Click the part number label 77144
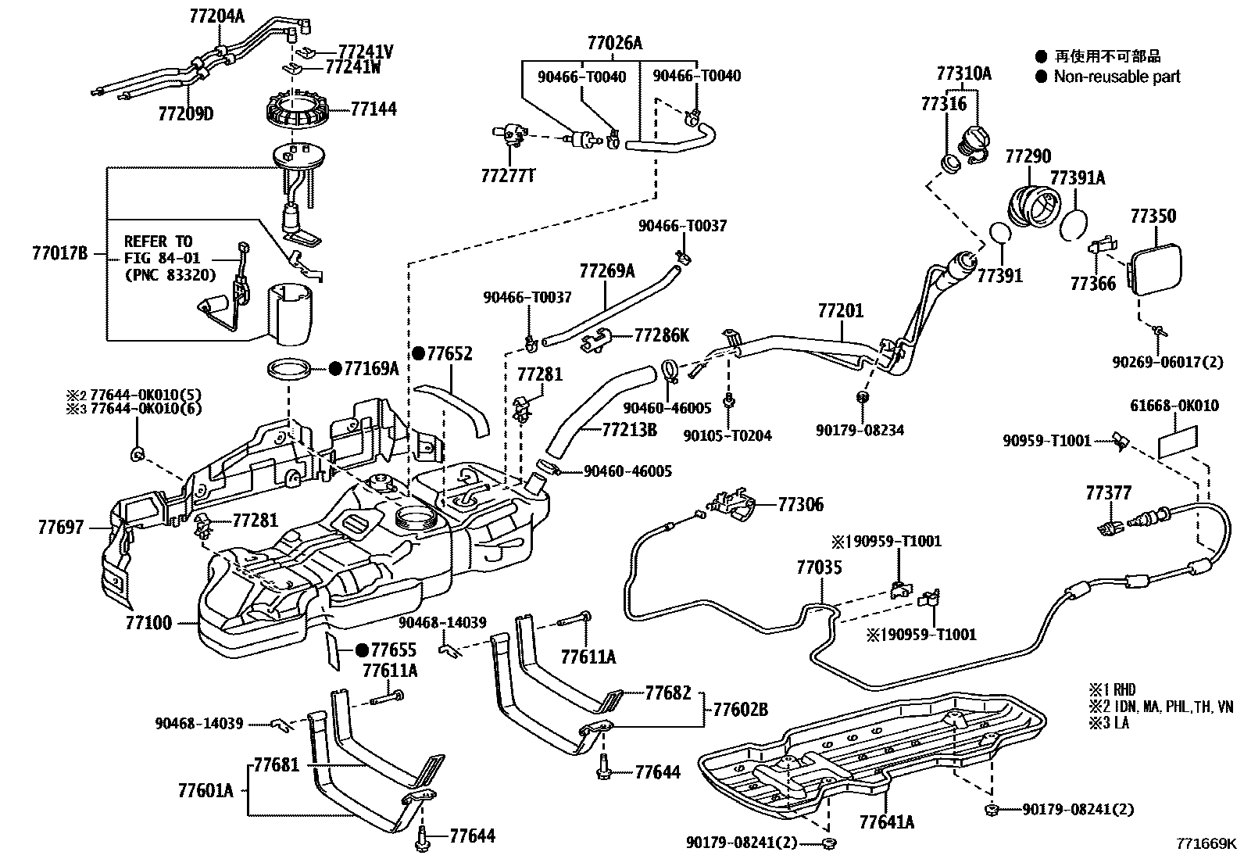[373, 109]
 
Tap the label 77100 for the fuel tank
[148, 624]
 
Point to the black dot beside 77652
[419, 354]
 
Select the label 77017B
[59, 253]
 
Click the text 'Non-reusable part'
[1117, 77]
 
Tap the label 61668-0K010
[1174, 406]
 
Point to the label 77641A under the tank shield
[886, 822]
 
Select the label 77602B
[740, 710]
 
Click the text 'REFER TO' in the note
[158, 242]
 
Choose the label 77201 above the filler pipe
[841, 311]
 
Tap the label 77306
[800, 506]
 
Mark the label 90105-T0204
[727, 435]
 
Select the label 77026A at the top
[614, 44]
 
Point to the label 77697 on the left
[60, 528]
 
